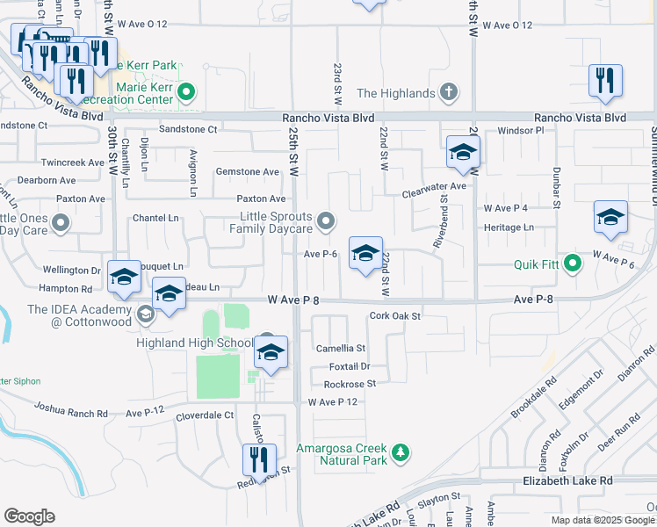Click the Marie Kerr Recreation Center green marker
click(x=186, y=92)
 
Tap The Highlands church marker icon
click(x=449, y=92)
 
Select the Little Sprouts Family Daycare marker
click(x=326, y=221)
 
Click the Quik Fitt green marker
click(x=573, y=263)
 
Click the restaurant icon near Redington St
click(x=259, y=459)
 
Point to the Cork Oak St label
click(x=395, y=315)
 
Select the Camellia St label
click(x=340, y=349)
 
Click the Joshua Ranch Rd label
click(x=70, y=408)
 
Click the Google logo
click(x=29, y=516)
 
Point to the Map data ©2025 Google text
click(x=603, y=520)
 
